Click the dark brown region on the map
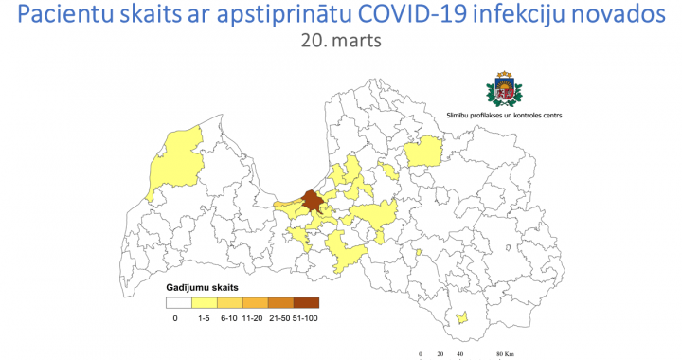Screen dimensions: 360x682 click(312, 201)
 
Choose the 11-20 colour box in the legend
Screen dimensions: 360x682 click(255, 303)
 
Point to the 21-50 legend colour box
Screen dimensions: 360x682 click(280, 303)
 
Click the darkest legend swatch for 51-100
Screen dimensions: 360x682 click(306, 303)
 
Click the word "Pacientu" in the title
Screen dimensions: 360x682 click(67, 16)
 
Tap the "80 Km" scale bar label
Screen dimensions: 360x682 click(507, 355)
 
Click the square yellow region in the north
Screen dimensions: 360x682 click(423, 151)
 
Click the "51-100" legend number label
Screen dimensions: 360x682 click(306, 318)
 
